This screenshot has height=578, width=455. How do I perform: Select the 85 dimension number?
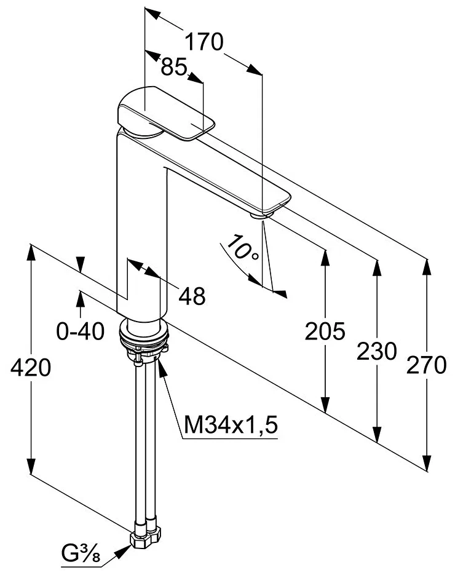pyautogui.click(x=175, y=66)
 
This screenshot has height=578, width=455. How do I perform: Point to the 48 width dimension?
pyautogui.click(x=192, y=296)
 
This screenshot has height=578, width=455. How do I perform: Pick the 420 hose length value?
pyautogui.click(x=30, y=368)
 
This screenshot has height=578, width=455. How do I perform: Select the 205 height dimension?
pyautogui.click(x=325, y=331)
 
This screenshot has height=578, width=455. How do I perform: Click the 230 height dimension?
pyautogui.click(x=376, y=352)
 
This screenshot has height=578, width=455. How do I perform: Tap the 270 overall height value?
pyautogui.click(x=426, y=365)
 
